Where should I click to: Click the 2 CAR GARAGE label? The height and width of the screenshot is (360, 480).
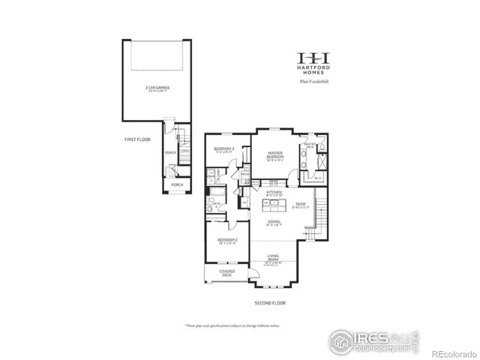(x=157, y=88)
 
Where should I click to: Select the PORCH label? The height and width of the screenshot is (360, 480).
(x=177, y=184)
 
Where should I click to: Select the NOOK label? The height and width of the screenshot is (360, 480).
(x=300, y=204)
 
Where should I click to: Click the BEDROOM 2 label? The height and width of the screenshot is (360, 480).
(x=227, y=241)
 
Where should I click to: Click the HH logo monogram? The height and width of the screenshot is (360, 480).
(x=314, y=58)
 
